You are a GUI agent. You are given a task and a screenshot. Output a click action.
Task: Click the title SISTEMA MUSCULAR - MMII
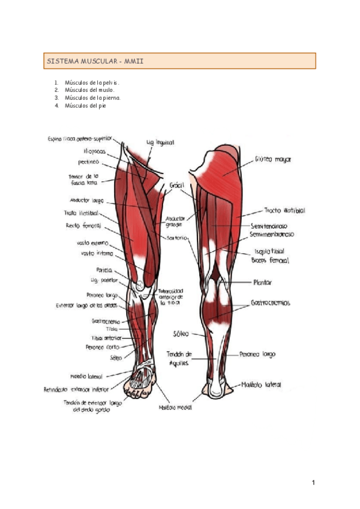click(95, 61)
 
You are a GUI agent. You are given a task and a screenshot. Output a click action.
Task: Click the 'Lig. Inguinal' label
click(160, 143)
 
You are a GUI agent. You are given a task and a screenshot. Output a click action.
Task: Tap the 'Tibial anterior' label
click(104, 337)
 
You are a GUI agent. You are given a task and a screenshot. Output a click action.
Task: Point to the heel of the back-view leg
click(215, 390)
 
